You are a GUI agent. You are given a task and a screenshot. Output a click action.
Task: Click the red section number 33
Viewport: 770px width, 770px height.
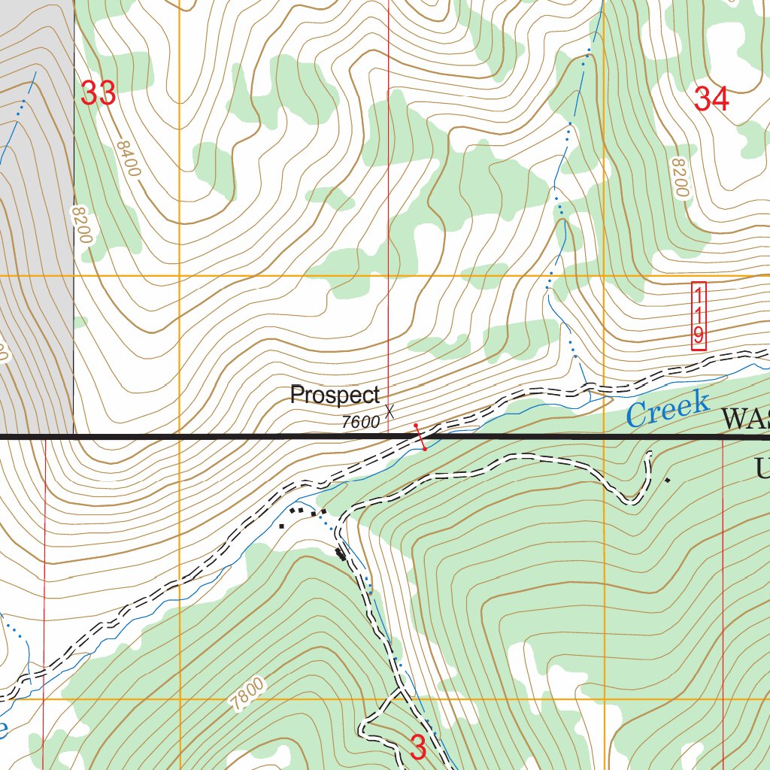click(98, 93)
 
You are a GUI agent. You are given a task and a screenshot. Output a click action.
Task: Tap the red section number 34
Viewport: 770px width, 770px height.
click(711, 99)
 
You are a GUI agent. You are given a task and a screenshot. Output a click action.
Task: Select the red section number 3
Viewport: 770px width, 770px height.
click(419, 747)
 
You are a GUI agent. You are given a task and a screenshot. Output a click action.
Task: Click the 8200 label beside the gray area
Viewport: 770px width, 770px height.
click(81, 225)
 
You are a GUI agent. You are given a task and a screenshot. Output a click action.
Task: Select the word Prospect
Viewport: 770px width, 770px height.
click(335, 395)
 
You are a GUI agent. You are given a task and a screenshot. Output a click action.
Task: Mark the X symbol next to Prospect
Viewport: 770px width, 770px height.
click(390, 411)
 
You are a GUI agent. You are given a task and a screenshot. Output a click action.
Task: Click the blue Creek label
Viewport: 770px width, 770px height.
click(668, 409)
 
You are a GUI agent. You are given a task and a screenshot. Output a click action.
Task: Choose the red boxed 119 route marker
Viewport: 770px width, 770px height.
click(699, 317)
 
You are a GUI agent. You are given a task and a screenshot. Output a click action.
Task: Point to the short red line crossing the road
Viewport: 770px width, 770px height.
click(420, 437)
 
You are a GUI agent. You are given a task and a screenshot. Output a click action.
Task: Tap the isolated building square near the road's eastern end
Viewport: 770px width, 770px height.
click(667, 480)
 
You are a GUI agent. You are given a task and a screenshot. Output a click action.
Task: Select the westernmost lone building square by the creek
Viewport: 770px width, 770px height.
click(281, 526)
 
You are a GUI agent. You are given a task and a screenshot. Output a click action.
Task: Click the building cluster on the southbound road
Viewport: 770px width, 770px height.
click(341, 555)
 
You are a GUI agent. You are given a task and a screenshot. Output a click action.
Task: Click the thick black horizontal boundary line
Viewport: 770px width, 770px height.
click(226, 436)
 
